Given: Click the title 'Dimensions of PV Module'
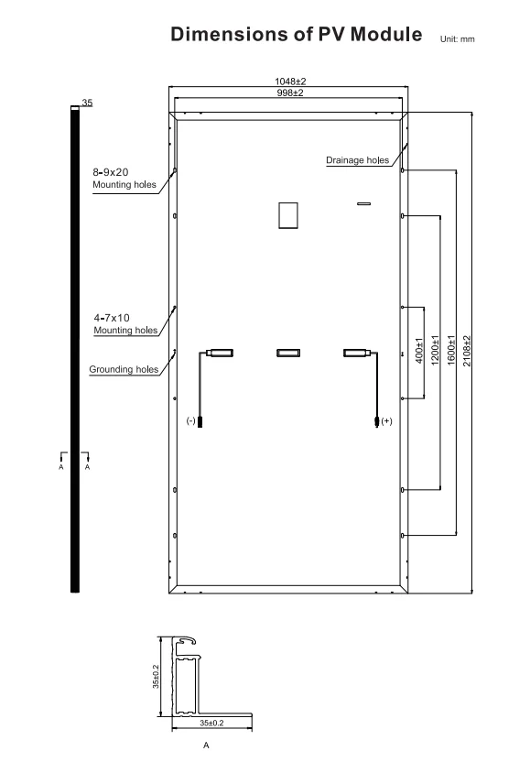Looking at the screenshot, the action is pyautogui.click(x=297, y=35).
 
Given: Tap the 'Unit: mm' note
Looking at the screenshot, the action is pyautogui.click(x=457, y=39).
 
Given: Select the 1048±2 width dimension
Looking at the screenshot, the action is pyautogui.click(x=290, y=82).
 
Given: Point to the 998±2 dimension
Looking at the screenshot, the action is pyautogui.click(x=290, y=93).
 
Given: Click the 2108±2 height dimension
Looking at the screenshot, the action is pyautogui.click(x=467, y=351).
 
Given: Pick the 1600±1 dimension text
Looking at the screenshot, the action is pyautogui.click(x=451, y=351).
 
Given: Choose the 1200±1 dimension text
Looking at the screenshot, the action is pyautogui.click(x=436, y=351).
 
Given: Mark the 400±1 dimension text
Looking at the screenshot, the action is pyautogui.click(x=419, y=351).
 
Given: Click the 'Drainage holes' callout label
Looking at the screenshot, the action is pyautogui.click(x=358, y=160).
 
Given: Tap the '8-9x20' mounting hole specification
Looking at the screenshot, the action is pyautogui.click(x=111, y=172).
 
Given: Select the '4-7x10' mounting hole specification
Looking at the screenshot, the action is pyautogui.click(x=112, y=318).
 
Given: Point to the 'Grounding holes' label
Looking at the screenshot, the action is pyautogui.click(x=124, y=369).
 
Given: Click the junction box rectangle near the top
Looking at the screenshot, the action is pyautogui.click(x=288, y=215).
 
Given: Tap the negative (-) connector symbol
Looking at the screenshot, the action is pyautogui.click(x=191, y=421).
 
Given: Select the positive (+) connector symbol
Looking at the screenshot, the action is pyautogui.click(x=386, y=421).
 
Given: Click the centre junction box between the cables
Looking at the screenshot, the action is pyautogui.click(x=288, y=353).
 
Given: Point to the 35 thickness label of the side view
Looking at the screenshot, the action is pyautogui.click(x=87, y=103).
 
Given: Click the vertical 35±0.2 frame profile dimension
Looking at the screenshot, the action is pyautogui.click(x=156, y=677).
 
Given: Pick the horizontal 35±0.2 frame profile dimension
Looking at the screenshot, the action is pyautogui.click(x=211, y=724).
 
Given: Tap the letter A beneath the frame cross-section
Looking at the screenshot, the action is pyautogui.click(x=206, y=746).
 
